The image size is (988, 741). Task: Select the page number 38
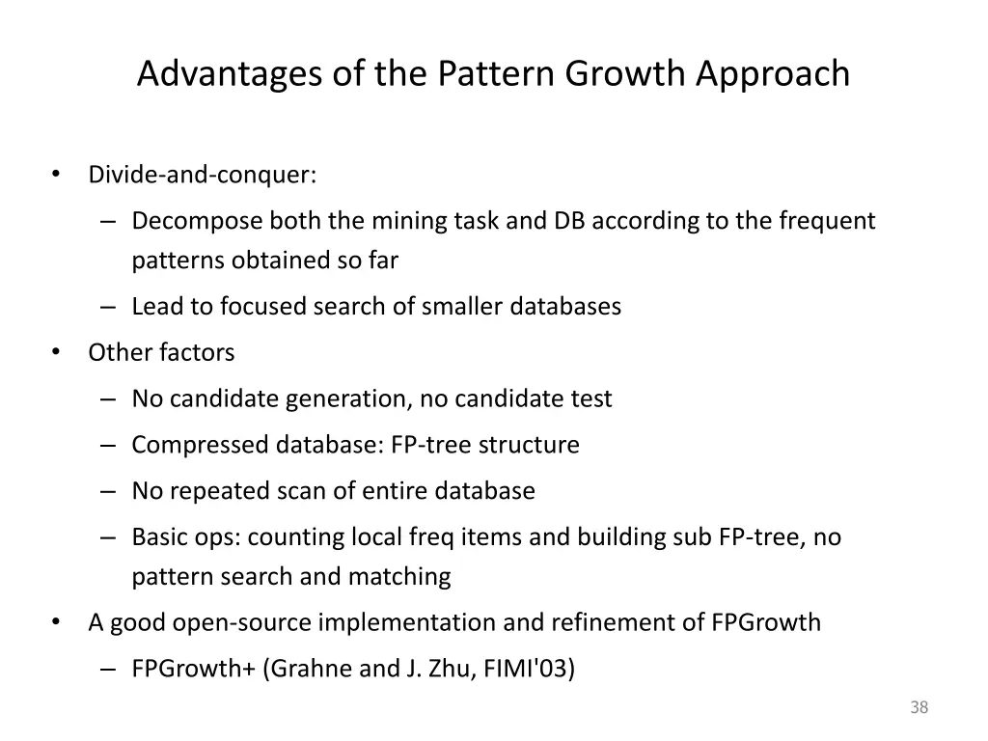919,708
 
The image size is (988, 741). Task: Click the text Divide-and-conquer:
203,175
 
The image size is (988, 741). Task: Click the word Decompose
197,221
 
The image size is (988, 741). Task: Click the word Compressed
201,445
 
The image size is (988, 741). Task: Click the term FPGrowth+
193,669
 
